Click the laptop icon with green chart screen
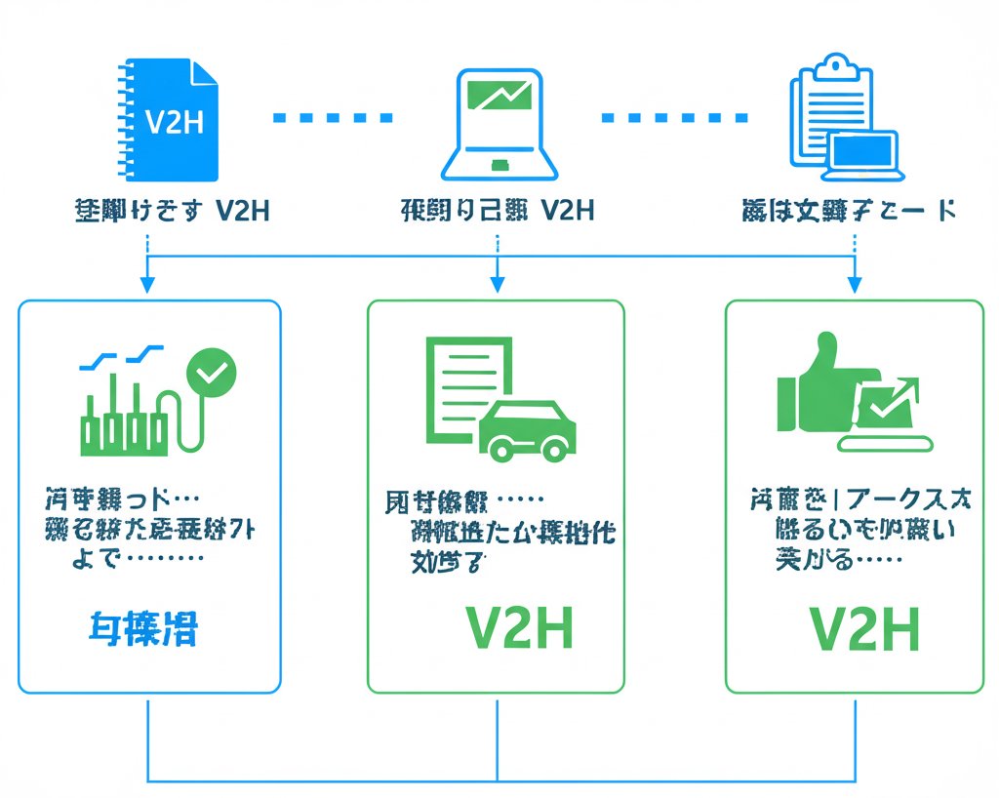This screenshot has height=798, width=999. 499,124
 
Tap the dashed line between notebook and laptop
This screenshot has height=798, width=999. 332,117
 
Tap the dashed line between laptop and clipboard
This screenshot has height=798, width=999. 674,117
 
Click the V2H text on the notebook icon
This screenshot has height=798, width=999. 173,123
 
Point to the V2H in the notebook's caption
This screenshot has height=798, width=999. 241,210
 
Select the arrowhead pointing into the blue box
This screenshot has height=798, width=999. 146,285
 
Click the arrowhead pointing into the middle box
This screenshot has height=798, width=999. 497,285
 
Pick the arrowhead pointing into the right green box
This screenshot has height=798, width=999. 855,285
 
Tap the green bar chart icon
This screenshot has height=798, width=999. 122,415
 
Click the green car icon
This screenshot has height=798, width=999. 528,427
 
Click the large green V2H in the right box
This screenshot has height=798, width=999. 865,629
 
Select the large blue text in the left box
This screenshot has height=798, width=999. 142,629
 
